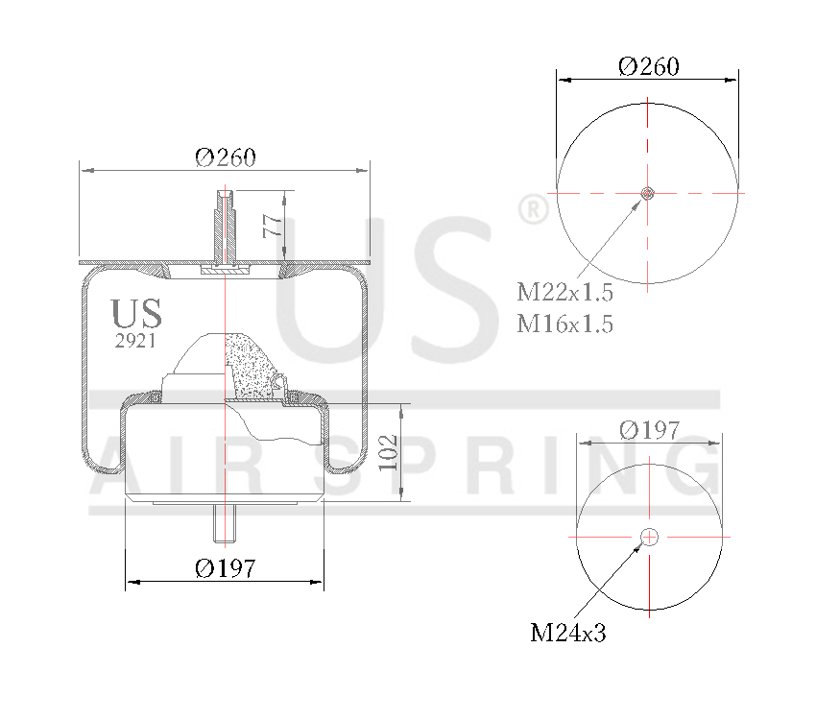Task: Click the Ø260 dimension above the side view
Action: [x=226, y=157]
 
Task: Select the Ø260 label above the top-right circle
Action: [x=649, y=66]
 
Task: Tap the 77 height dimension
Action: [x=273, y=227]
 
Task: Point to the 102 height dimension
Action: [x=388, y=452]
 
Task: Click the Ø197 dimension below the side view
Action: [x=226, y=568]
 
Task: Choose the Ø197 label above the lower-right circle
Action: [x=649, y=429]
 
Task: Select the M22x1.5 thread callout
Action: [x=564, y=293]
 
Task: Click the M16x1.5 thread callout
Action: [x=564, y=324]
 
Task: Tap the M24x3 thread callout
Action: [x=568, y=633]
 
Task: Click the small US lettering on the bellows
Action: [x=135, y=314]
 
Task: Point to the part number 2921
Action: [x=135, y=340]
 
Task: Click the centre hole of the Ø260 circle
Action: [x=648, y=194]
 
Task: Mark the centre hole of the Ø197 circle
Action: [x=649, y=537]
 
